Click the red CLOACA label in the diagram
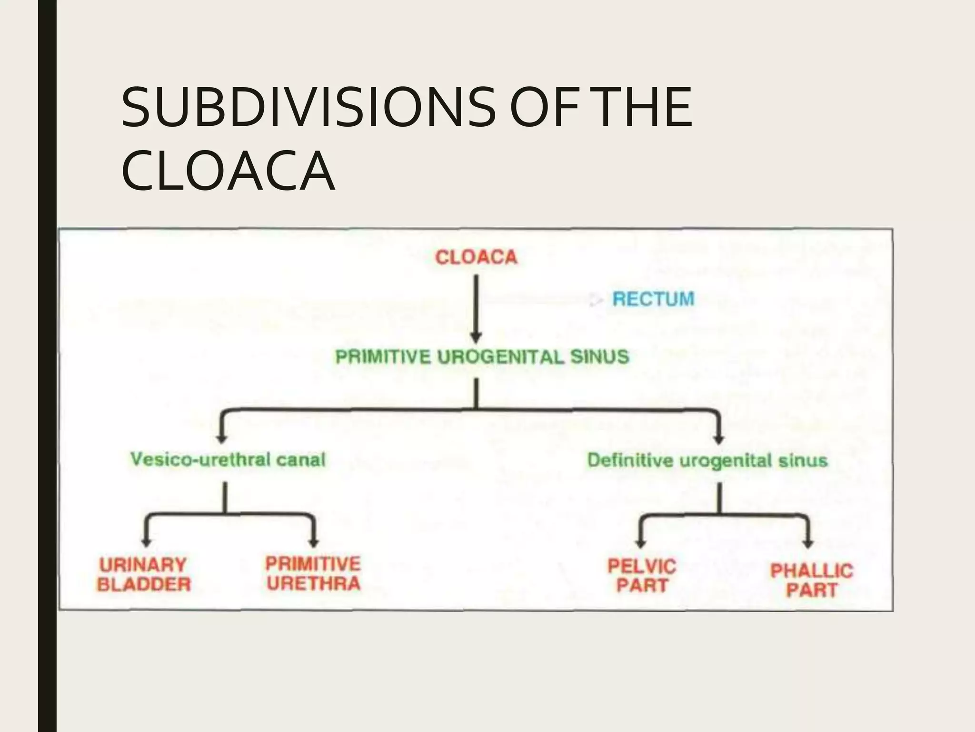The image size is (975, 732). point(476,257)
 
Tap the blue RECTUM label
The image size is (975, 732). point(653,299)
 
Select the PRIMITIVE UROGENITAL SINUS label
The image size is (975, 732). point(482,357)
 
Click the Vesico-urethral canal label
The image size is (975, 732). point(228,460)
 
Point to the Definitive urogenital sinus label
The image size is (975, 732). point(707,461)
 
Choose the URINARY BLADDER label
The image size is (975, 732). point(144,575)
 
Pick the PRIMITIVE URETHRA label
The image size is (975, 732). point(313,574)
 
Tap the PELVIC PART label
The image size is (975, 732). point(642,576)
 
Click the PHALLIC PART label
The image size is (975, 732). point(812,580)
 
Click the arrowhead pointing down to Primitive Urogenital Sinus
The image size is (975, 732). point(477,337)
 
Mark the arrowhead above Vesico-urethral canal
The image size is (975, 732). point(221,438)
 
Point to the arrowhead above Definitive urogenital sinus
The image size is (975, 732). point(719,439)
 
